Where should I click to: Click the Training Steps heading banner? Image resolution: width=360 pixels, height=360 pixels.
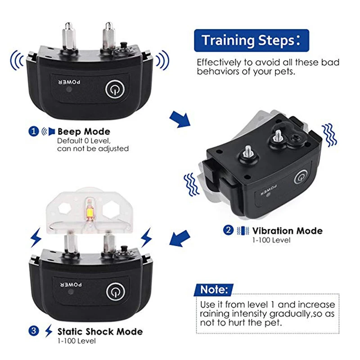click(x=251, y=40)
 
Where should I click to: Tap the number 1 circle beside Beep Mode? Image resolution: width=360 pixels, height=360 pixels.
click(x=33, y=131)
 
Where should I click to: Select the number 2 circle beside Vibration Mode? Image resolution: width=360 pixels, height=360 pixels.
click(x=229, y=231)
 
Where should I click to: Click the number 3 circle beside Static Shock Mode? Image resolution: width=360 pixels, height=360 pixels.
click(x=33, y=332)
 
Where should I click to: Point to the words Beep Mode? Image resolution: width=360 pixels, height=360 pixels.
click(x=83, y=131)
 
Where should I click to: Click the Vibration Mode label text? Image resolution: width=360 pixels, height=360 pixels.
click(x=287, y=231)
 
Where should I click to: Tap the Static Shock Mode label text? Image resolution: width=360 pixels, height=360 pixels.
click(x=100, y=332)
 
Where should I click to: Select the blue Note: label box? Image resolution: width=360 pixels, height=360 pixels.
click(x=214, y=289)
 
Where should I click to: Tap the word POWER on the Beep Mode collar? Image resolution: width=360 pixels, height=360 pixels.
click(x=70, y=82)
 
